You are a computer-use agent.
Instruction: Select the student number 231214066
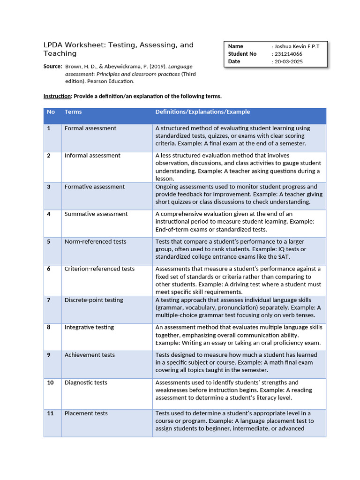pyautogui.click(x=288, y=54)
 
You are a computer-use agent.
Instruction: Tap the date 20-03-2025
pyautogui.click(x=289, y=61)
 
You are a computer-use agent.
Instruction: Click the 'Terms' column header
pyautogui.click(x=73, y=112)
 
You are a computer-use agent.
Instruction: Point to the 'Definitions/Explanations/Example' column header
pyautogui.click(x=202, y=112)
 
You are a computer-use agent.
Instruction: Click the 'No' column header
pyautogui.click(x=51, y=112)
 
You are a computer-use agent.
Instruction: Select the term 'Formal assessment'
pyautogui.click(x=90, y=128)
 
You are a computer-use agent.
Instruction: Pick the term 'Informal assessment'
pyautogui.click(x=92, y=156)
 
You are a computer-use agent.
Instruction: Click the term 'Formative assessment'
pyautogui.click(x=95, y=187)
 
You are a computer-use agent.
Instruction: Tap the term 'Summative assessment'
pyautogui.click(x=96, y=214)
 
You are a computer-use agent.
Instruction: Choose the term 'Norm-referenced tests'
pyautogui.click(x=95, y=241)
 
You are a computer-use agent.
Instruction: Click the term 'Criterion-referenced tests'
pyautogui.click(x=99, y=269)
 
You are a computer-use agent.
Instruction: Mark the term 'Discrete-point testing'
pyautogui.click(x=94, y=300)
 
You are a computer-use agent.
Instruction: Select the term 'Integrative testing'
pyautogui.click(x=89, y=327)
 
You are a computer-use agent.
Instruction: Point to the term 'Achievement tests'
pyautogui.click(x=90, y=355)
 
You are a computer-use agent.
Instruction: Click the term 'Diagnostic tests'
pyautogui.click(x=86, y=382)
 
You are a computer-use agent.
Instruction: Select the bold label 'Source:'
pyautogui.click(x=52, y=67)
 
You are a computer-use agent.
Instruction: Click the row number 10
pyautogui.click(x=50, y=382)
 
